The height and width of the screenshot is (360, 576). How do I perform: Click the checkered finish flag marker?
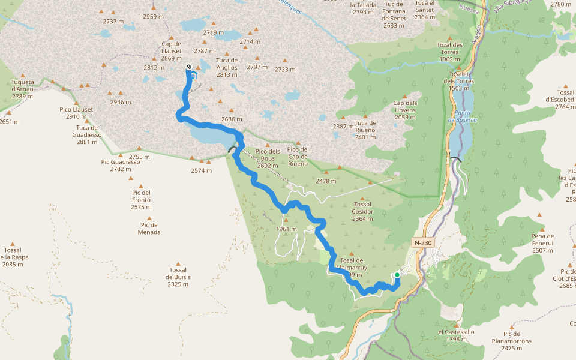pyautogui.click(x=189, y=67)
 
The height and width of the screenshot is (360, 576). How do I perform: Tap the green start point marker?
pyautogui.click(x=397, y=275)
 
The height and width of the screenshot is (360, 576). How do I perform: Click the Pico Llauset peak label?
pyautogui.click(x=76, y=112)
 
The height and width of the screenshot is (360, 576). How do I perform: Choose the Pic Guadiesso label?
pyautogui.click(x=121, y=165)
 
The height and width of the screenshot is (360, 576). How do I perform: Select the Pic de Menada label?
pyautogui.click(x=149, y=228)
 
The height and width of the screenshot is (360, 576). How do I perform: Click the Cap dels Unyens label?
pyautogui.click(x=405, y=110)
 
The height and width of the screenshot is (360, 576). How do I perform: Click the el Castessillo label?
pyautogui.click(x=456, y=335)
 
